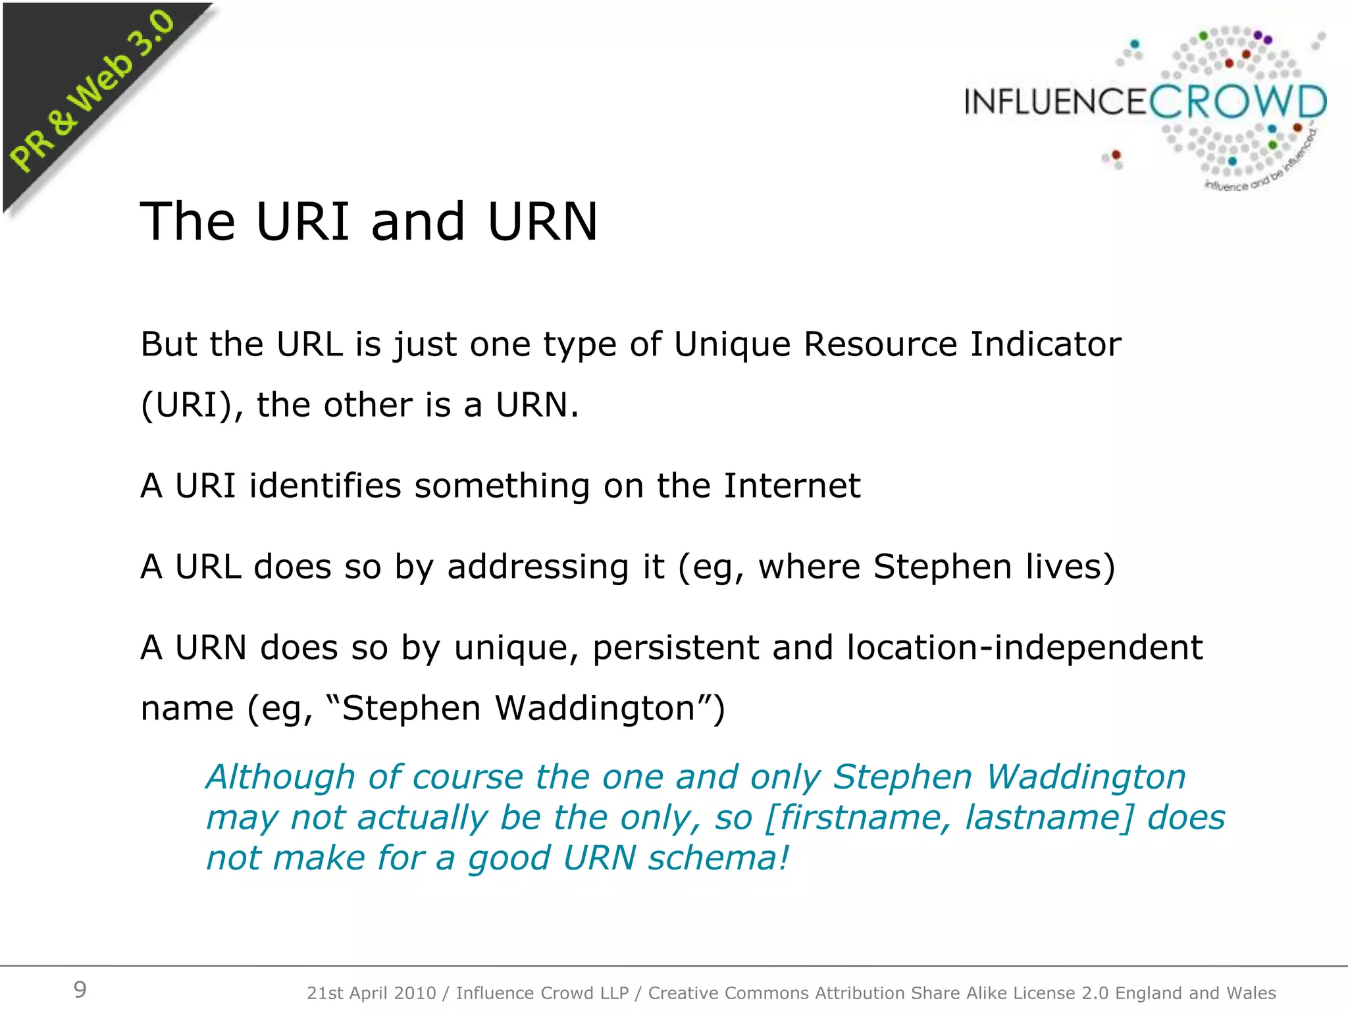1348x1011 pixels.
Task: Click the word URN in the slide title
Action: tap(542, 222)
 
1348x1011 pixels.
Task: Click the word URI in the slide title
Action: tap(303, 222)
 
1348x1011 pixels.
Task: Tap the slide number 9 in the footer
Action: tap(80, 989)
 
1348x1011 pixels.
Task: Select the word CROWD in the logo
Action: tap(1237, 103)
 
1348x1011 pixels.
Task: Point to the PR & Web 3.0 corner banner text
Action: tap(92, 92)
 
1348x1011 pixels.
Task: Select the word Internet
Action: tap(792, 486)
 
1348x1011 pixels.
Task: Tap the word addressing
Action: tap(538, 567)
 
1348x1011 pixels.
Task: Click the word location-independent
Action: tap(1024, 648)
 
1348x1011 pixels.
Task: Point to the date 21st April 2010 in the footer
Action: tap(371, 993)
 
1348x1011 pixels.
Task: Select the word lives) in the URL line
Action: tap(1070, 567)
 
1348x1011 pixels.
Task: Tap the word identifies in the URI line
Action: tap(325, 486)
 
